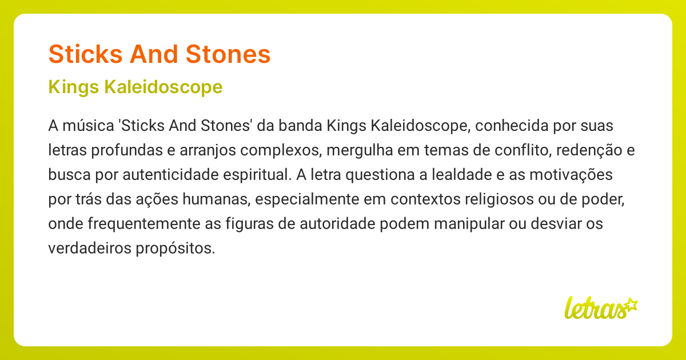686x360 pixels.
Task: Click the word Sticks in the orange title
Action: tap(84, 54)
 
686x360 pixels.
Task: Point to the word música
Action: tap(81, 125)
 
